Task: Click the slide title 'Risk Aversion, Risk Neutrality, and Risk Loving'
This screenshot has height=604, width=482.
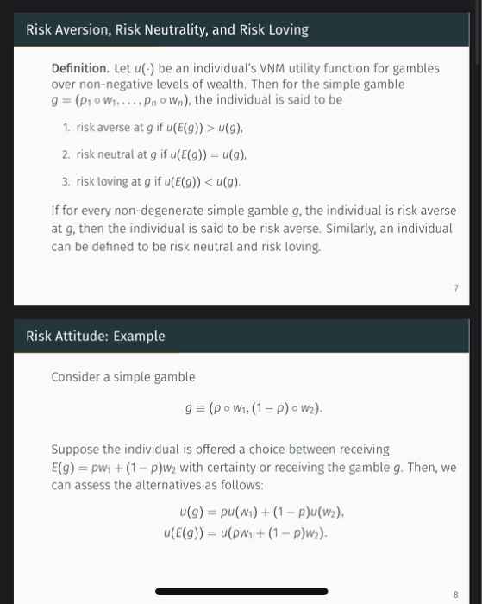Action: point(166,30)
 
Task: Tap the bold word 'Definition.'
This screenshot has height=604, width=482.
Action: point(80,68)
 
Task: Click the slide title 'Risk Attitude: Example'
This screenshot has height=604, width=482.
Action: point(95,336)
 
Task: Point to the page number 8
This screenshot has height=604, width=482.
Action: point(455,594)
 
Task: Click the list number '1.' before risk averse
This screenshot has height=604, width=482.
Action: point(66,128)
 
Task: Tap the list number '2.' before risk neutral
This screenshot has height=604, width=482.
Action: point(66,154)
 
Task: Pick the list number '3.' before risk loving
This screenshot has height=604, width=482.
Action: point(66,182)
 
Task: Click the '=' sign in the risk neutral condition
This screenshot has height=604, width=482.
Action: point(209,154)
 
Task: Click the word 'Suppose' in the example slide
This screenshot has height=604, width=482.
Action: point(76,450)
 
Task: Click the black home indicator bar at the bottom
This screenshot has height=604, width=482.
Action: point(241,591)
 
